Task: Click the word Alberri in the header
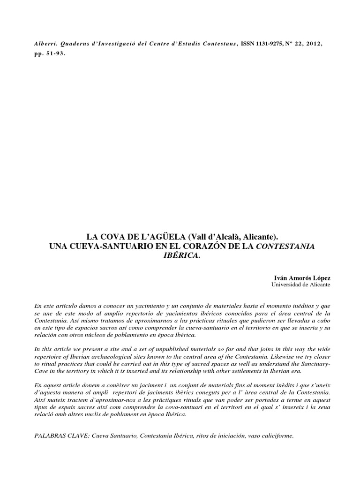click(x=45, y=43)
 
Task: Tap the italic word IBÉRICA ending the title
click(x=180, y=256)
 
